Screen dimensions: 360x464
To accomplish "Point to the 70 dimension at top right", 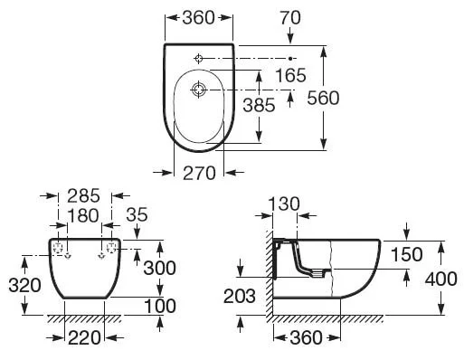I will pyautogui.click(x=289, y=16).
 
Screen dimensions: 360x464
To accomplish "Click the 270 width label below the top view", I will pyautogui.click(x=198, y=173).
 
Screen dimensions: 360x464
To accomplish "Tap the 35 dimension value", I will pyautogui.click(x=138, y=214).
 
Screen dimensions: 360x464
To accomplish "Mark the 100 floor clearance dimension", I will pyautogui.click(x=159, y=306).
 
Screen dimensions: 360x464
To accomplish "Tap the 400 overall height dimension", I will pyautogui.click(x=441, y=279).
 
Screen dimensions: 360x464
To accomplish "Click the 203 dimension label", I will pyautogui.click(x=239, y=294).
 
